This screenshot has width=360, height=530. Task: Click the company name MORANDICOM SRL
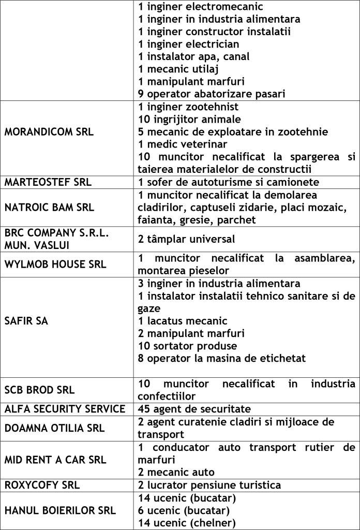(49, 132)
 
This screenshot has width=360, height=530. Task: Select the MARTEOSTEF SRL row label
(48, 182)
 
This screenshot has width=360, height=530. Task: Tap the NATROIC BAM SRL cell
(49, 208)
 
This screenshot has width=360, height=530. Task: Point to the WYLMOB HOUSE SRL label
(55, 264)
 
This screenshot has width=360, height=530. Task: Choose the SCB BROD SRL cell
(39, 390)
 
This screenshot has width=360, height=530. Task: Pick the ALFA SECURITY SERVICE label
(65, 409)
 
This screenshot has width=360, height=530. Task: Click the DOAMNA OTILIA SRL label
(54, 428)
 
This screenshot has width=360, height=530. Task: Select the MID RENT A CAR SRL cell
(55, 460)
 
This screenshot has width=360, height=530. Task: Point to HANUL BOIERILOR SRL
(60, 510)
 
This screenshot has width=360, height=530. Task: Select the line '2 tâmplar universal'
(187, 239)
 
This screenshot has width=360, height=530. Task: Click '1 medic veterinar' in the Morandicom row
(183, 144)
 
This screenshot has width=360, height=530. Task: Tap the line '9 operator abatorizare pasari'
(212, 94)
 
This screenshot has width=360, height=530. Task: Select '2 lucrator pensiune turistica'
(209, 485)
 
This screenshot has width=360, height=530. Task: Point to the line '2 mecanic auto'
(176, 472)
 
